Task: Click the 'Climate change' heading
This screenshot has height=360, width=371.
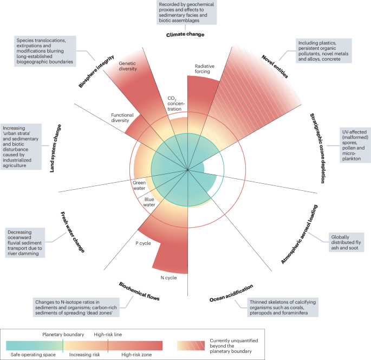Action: [x=185, y=35]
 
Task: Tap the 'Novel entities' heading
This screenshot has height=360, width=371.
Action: [x=275, y=66]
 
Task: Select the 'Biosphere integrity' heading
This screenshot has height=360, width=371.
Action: [x=96, y=71]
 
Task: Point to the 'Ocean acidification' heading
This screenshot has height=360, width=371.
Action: [x=231, y=293]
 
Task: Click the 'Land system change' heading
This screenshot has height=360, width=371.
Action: [x=55, y=148]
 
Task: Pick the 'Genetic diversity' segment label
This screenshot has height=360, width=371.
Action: [x=128, y=66]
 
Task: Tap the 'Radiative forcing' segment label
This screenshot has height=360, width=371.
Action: [x=204, y=69]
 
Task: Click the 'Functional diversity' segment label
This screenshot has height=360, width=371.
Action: [x=122, y=118]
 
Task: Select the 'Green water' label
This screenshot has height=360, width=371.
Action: [x=139, y=185]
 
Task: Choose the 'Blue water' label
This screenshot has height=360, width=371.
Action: [x=149, y=202]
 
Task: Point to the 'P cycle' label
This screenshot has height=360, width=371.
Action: [x=143, y=243]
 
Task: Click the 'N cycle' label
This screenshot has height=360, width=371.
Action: [x=168, y=278]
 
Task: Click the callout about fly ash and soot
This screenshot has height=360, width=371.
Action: [x=346, y=242]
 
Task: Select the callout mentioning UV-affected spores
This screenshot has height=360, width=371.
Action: [x=355, y=145]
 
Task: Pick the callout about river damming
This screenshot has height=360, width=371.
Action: [x=25, y=243]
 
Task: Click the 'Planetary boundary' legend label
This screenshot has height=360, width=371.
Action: [x=63, y=335]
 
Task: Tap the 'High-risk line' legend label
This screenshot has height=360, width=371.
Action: [x=108, y=335]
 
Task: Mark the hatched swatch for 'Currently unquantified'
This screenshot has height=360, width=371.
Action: [x=191, y=345]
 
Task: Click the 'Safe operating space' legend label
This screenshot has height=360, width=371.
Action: [x=33, y=355]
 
